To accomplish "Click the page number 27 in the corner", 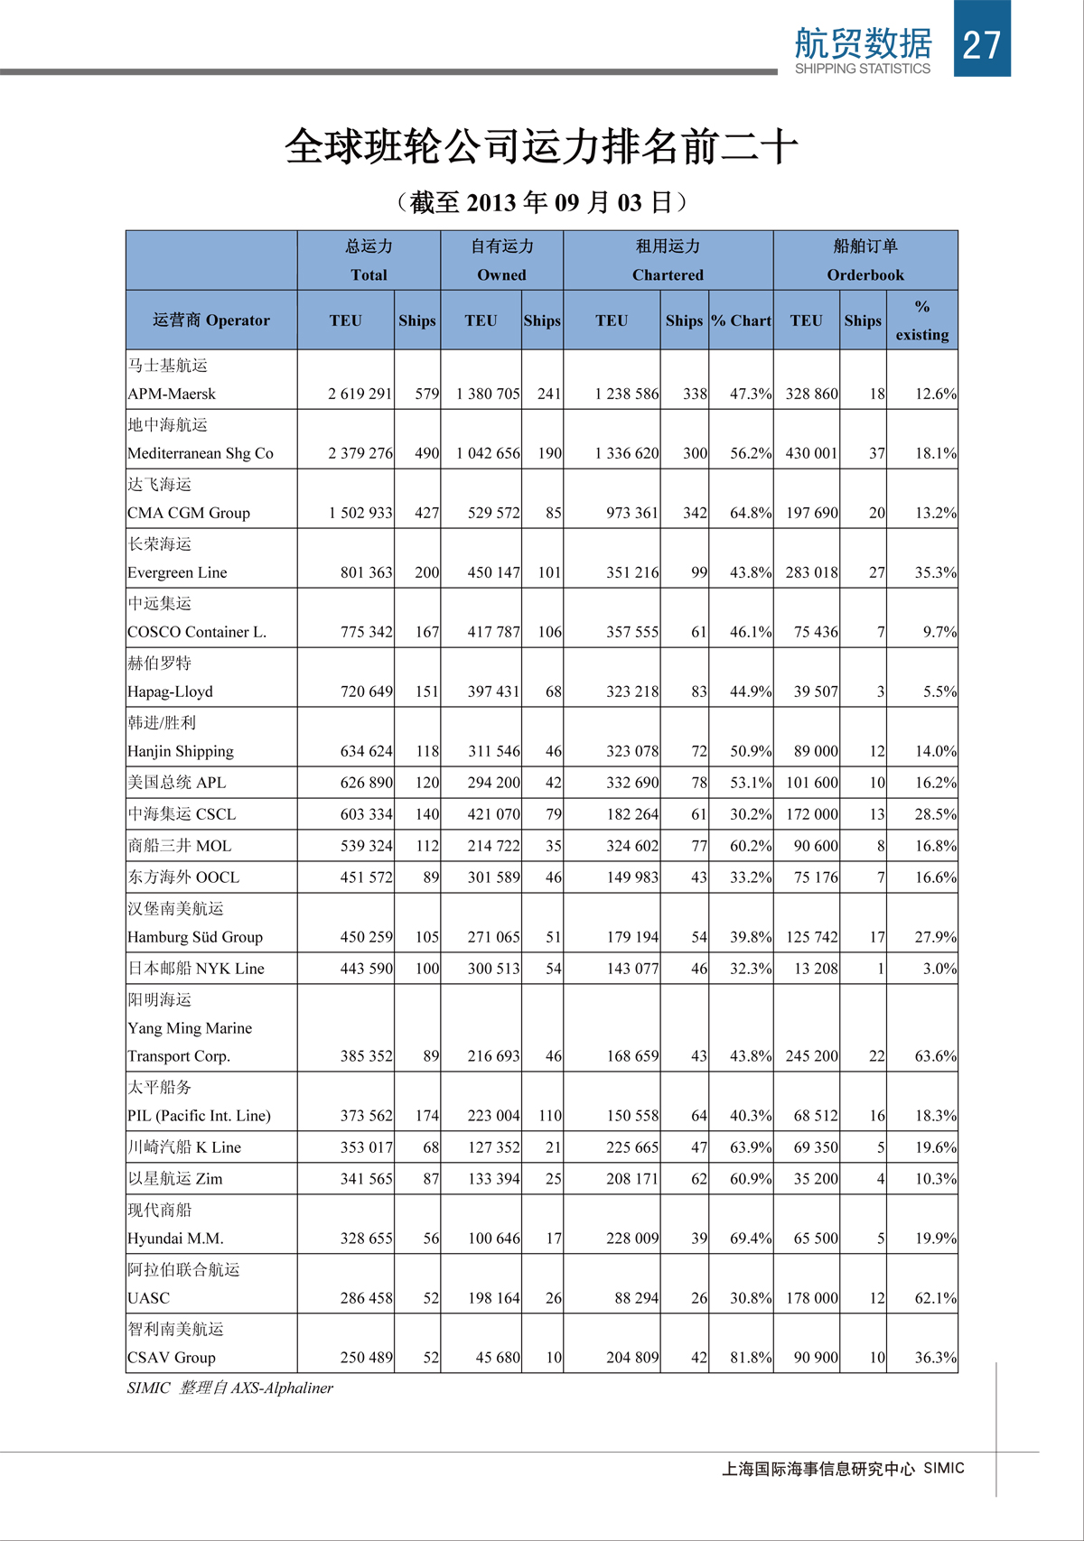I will pyautogui.click(x=982, y=44).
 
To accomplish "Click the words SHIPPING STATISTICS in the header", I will pyautogui.click(x=862, y=69).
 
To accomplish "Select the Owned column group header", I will pyautogui.click(x=501, y=274).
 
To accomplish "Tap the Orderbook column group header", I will pyautogui.click(x=864, y=274).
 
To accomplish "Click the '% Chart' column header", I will pyautogui.click(x=741, y=320).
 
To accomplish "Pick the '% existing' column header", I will pyautogui.click(x=921, y=320).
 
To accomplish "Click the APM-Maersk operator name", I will pyautogui.click(x=172, y=394).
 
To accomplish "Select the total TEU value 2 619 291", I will pyautogui.click(x=360, y=394).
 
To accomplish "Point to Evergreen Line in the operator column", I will pyautogui.click(x=177, y=572).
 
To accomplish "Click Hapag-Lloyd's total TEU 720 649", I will pyautogui.click(x=366, y=692).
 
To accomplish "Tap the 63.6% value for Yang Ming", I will pyautogui.click(x=935, y=1056).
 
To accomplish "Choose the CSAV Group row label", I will pyautogui.click(x=172, y=1358).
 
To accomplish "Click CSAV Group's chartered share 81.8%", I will pyautogui.click(x=751, y=1358).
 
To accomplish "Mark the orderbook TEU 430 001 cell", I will pyautogui.click(x=811, y=453).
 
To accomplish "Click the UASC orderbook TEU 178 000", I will pyautogui.click(x=811, y=1298).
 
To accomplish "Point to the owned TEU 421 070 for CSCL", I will pyautogui.click(x=493, y=814).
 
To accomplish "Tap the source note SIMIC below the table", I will pyautogui.click(x=148, y=1388).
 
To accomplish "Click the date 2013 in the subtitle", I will pyautogui.click(x=491, y=202).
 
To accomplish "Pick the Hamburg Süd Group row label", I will pyautogui.click(x=195, y=937).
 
